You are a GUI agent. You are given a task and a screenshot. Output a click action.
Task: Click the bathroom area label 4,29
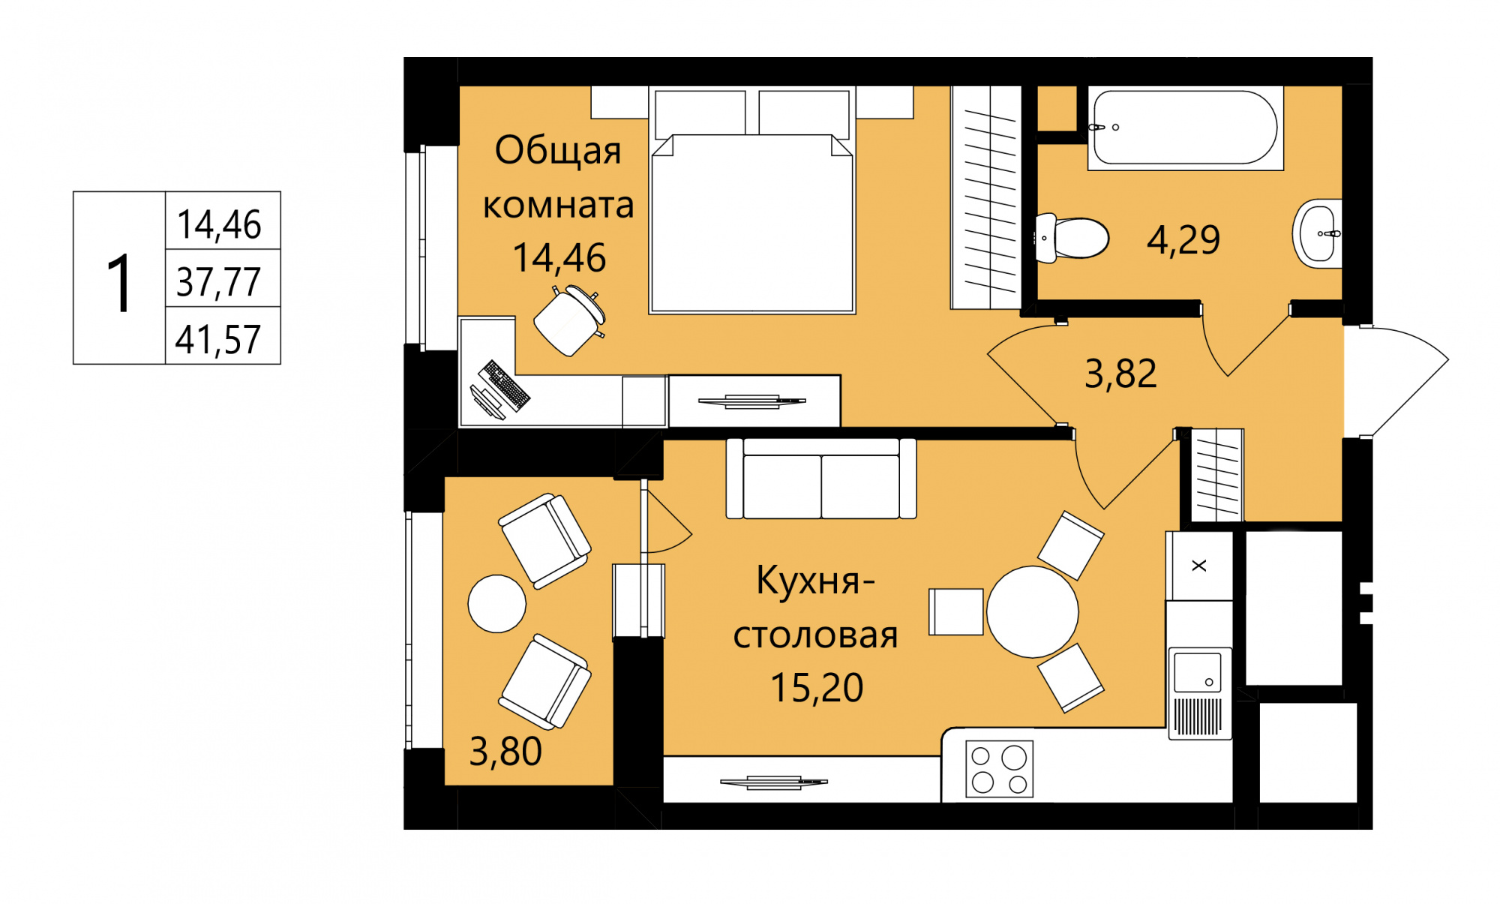tap(1183, 240)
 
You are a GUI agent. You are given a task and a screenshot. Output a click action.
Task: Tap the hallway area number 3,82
tap(1120, 373)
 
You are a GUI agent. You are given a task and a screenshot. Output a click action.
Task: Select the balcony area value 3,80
tap(505, 751)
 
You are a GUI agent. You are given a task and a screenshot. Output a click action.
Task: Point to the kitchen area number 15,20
tap(817, 687)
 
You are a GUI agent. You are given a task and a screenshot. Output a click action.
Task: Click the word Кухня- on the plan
tap(816, 580)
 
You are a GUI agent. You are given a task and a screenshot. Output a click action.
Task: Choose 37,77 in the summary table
tap(218, 282)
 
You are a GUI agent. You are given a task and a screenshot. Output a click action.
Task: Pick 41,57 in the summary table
tap(218, 339)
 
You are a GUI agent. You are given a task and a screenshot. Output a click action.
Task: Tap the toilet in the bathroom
tap(1072, 238)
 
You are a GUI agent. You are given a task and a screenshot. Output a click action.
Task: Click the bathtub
tap(1185, 128)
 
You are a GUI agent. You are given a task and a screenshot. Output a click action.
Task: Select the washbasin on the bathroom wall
tap(1317, 233)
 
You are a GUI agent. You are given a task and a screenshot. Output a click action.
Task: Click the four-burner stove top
tap(999, 769)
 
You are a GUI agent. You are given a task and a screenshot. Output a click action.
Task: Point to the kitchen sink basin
tap(1198, 672)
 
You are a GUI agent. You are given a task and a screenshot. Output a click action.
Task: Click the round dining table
tap(1033, 611)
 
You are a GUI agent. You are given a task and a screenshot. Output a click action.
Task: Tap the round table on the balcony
tap(497, 604)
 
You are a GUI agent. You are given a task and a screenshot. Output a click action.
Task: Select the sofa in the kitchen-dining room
tap(821, 479)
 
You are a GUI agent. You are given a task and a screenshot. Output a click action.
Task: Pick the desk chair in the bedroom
tap(570, 320)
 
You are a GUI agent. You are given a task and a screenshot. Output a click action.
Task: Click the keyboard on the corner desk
tap(505, 385)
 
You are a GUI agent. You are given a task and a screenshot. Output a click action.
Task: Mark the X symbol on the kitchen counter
tap(1199, 566)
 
